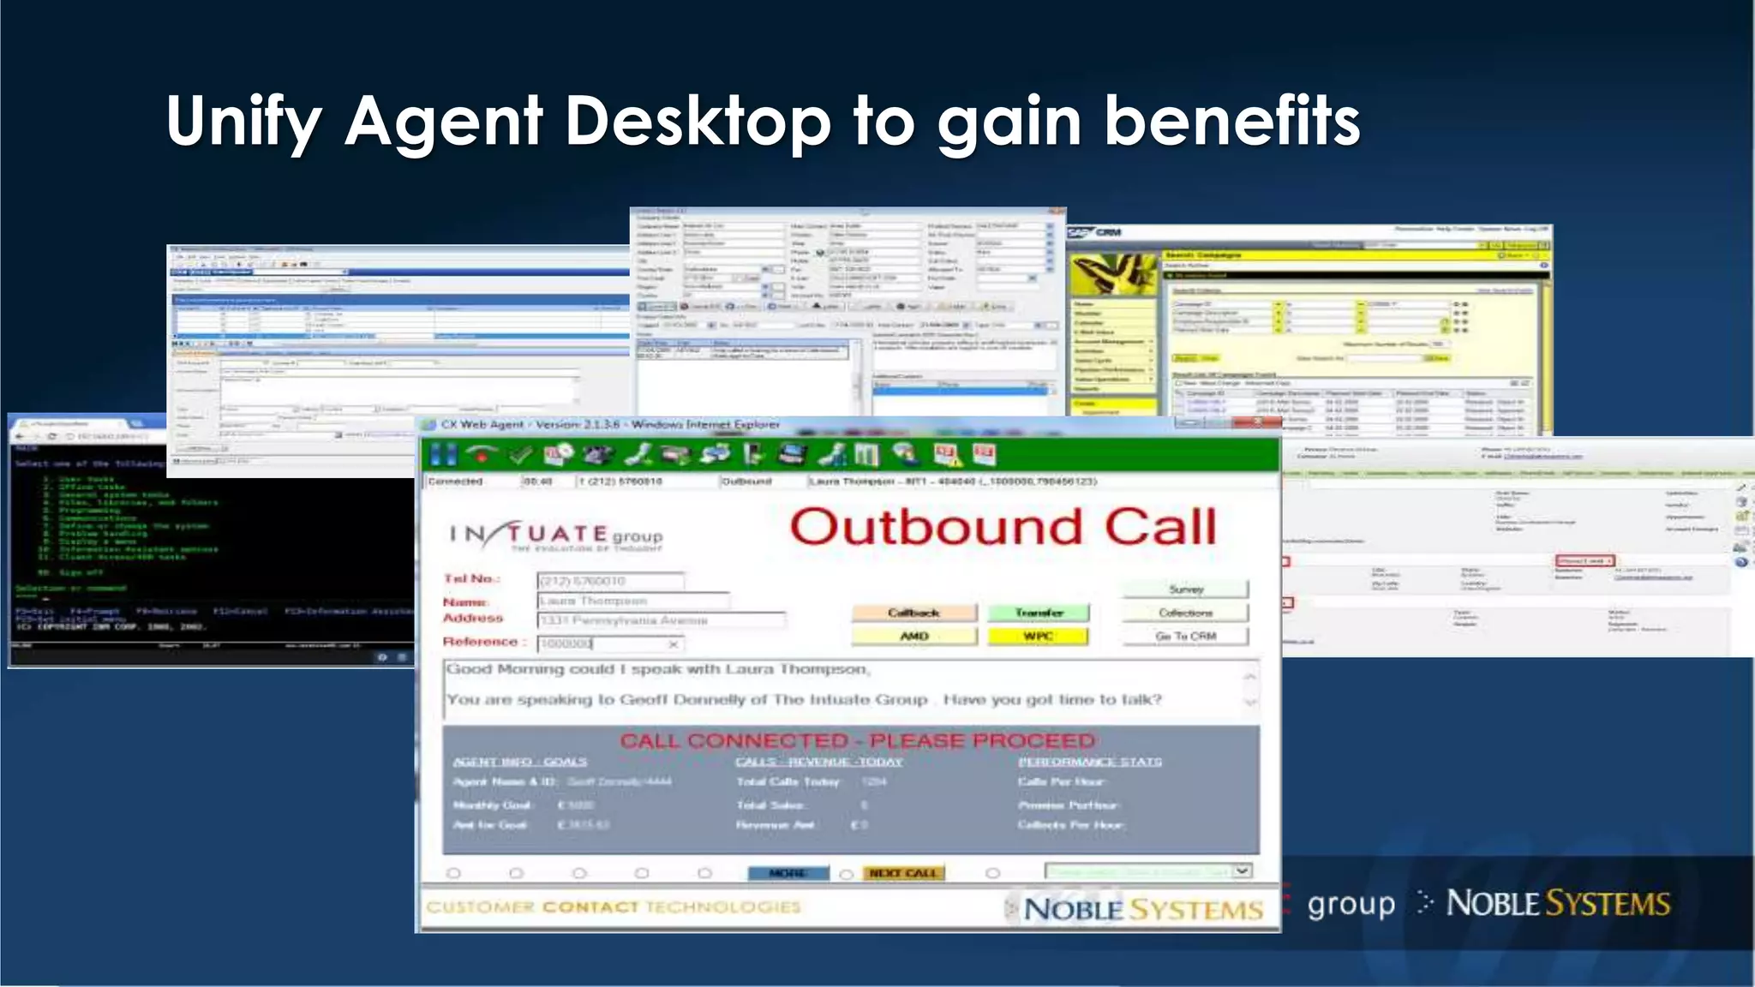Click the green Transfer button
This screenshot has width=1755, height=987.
tap(1039, 613)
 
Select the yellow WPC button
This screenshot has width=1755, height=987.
tap(1038, 636)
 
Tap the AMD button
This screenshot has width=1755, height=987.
tap(913, 636)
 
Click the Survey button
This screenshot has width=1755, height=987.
tap(1186, 589)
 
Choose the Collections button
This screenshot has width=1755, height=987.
tap(1186, 613)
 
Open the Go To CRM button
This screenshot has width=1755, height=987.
tap(1186, 636)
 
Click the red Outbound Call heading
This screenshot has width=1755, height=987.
tap(1003, 526)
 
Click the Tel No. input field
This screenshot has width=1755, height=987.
tap(610, 581)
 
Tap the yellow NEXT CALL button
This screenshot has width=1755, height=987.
tap(903, 873)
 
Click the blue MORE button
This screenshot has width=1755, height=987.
tap(788, 873)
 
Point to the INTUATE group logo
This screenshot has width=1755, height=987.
tap(555, 535)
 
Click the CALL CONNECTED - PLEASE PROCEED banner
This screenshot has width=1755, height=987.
tap(857, 740)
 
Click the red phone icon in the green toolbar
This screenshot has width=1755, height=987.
tap(482, 455)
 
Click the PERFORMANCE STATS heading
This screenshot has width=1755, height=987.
tap(1089, 762)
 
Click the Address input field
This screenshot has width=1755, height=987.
tap(661, 620)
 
